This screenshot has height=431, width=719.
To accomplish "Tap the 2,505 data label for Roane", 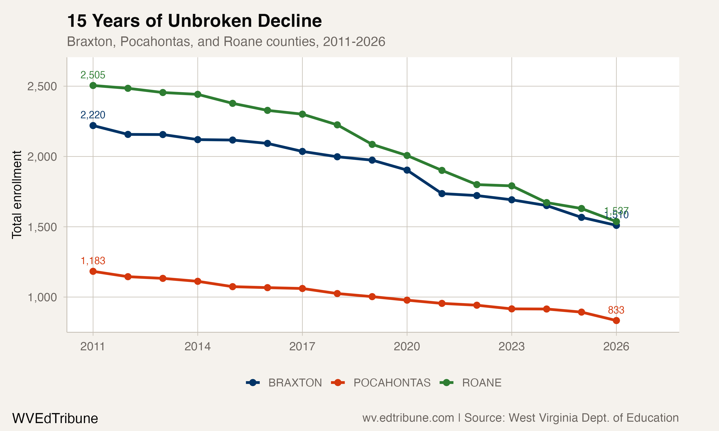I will tap(93, 75).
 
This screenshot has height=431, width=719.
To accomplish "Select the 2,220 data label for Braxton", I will tap(93, 115).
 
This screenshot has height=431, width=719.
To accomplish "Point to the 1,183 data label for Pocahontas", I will tap(93, 261).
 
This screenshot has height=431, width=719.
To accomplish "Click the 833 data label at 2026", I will tap(616, 310).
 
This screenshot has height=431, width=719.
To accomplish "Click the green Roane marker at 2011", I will tap(93, 85).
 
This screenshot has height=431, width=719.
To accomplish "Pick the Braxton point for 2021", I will tap(442, 193).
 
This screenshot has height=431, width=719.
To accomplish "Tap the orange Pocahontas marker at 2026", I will tap(616, 321).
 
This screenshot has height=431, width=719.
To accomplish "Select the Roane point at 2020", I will tap(407, 156).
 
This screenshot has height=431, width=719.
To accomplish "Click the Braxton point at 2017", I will tap(302, 151).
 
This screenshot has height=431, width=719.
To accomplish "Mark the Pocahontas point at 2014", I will tap(198, 281).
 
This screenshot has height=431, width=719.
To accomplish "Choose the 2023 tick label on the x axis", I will tap(511, 346).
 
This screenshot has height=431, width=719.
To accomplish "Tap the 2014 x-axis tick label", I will tap(198, 346).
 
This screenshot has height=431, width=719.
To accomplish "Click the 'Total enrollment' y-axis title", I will tap(17, 195).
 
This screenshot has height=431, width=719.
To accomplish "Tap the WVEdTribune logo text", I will tap(55, 419).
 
